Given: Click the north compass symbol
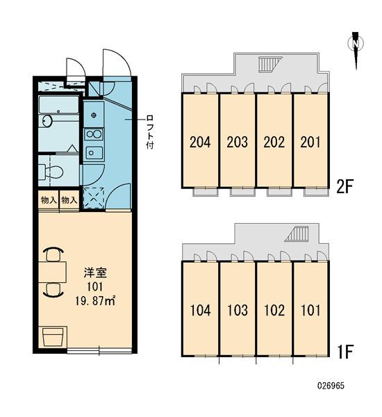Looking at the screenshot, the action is [x=356, y=49].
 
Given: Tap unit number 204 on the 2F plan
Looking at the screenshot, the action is [x=200, y=142].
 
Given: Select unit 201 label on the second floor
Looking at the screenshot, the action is [x=310, y=142].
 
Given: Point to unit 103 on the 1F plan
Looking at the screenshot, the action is [x=238, y=310].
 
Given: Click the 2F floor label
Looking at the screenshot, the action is [x=344, y=186].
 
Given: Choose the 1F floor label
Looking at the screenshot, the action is [x=345, y=352].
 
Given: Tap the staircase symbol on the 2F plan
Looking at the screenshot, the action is [x=269, y=65].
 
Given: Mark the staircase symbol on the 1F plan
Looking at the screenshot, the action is [x=297, y=234].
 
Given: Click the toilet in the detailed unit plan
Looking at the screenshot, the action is [x=51, y=172].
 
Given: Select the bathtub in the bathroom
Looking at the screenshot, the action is [x=59, y=105].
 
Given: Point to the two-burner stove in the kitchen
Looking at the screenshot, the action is [x=94, y=134].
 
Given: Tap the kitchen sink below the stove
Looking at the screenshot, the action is [x=94, y=153].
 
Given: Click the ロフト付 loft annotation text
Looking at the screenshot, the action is [x=149, y=131].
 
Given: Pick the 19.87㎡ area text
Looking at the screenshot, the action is [x=95, y=301].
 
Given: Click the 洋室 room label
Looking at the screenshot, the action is [x=95, y=273].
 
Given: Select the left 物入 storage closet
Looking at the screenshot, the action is [x=49, y=200].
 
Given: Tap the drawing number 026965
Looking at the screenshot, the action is [x=331, y=386].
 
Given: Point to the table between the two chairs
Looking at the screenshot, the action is [x=52, y=272].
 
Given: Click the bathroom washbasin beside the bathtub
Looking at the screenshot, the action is [x=48, y=121].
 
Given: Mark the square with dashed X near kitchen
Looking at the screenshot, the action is [x=93, y=198].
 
